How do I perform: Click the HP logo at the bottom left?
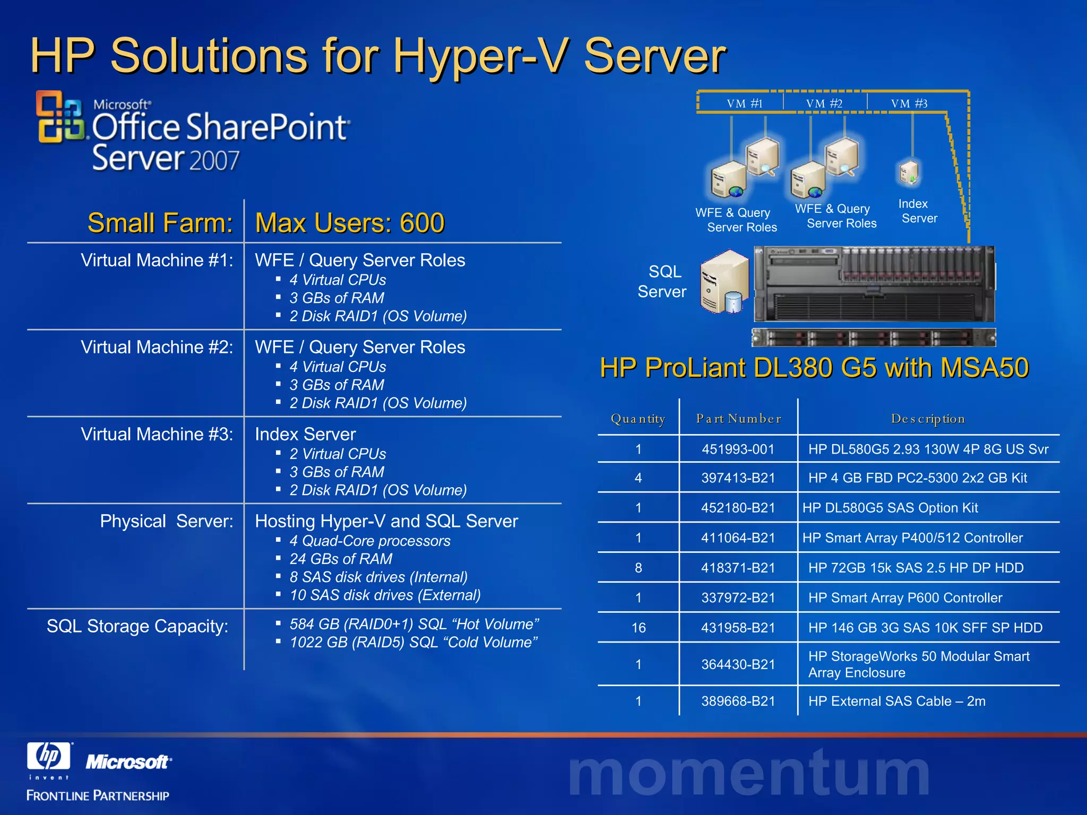tap(49, 756)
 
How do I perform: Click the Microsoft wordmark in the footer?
tap(128, 762)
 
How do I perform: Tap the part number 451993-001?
tap(738, 449)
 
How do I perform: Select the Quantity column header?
tap(638, 419)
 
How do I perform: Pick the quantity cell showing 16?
tap(639, 628)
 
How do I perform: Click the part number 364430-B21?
tap(738, 664)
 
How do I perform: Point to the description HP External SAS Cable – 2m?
tap(896, 701)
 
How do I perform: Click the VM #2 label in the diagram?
tap(824, 103)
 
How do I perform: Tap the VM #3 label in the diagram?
tap(909, 103)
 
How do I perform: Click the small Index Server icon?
tap(910, 173)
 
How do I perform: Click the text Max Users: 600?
tap(350, 223)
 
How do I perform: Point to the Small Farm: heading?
tap(160, 223)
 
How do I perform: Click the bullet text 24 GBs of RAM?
tap(341, 559)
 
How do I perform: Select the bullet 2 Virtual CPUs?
tap(338, 454)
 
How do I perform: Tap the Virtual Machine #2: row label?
tap(157, 347)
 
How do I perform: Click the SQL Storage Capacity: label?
tap(137, 626)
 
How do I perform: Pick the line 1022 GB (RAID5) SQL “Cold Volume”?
tap(413, 642)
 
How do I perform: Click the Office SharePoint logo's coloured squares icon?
tap(59, 117)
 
